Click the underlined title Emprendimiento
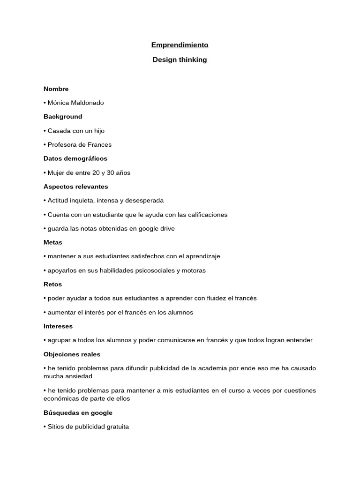pyautogui.click(x=180, y=45)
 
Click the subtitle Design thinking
pyautogui.click(x=180, y=60)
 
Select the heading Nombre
pyautogui.click(x=56, y=89)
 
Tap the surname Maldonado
pyautogui.click(x=87, y=103)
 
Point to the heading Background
pyautogui.click(x=63, y=116)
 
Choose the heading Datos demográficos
pyautogui.click(x=75, y=158)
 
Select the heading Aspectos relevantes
pyautogui.click(x=75, y=187)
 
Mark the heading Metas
pyautogui.click(x=53, y=242)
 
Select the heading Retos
pyautogui.click(x=52, y=284)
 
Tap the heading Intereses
pyautogui.click(x=58, y=326)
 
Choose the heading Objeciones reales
pyautogui.click(x=72, y=354)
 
